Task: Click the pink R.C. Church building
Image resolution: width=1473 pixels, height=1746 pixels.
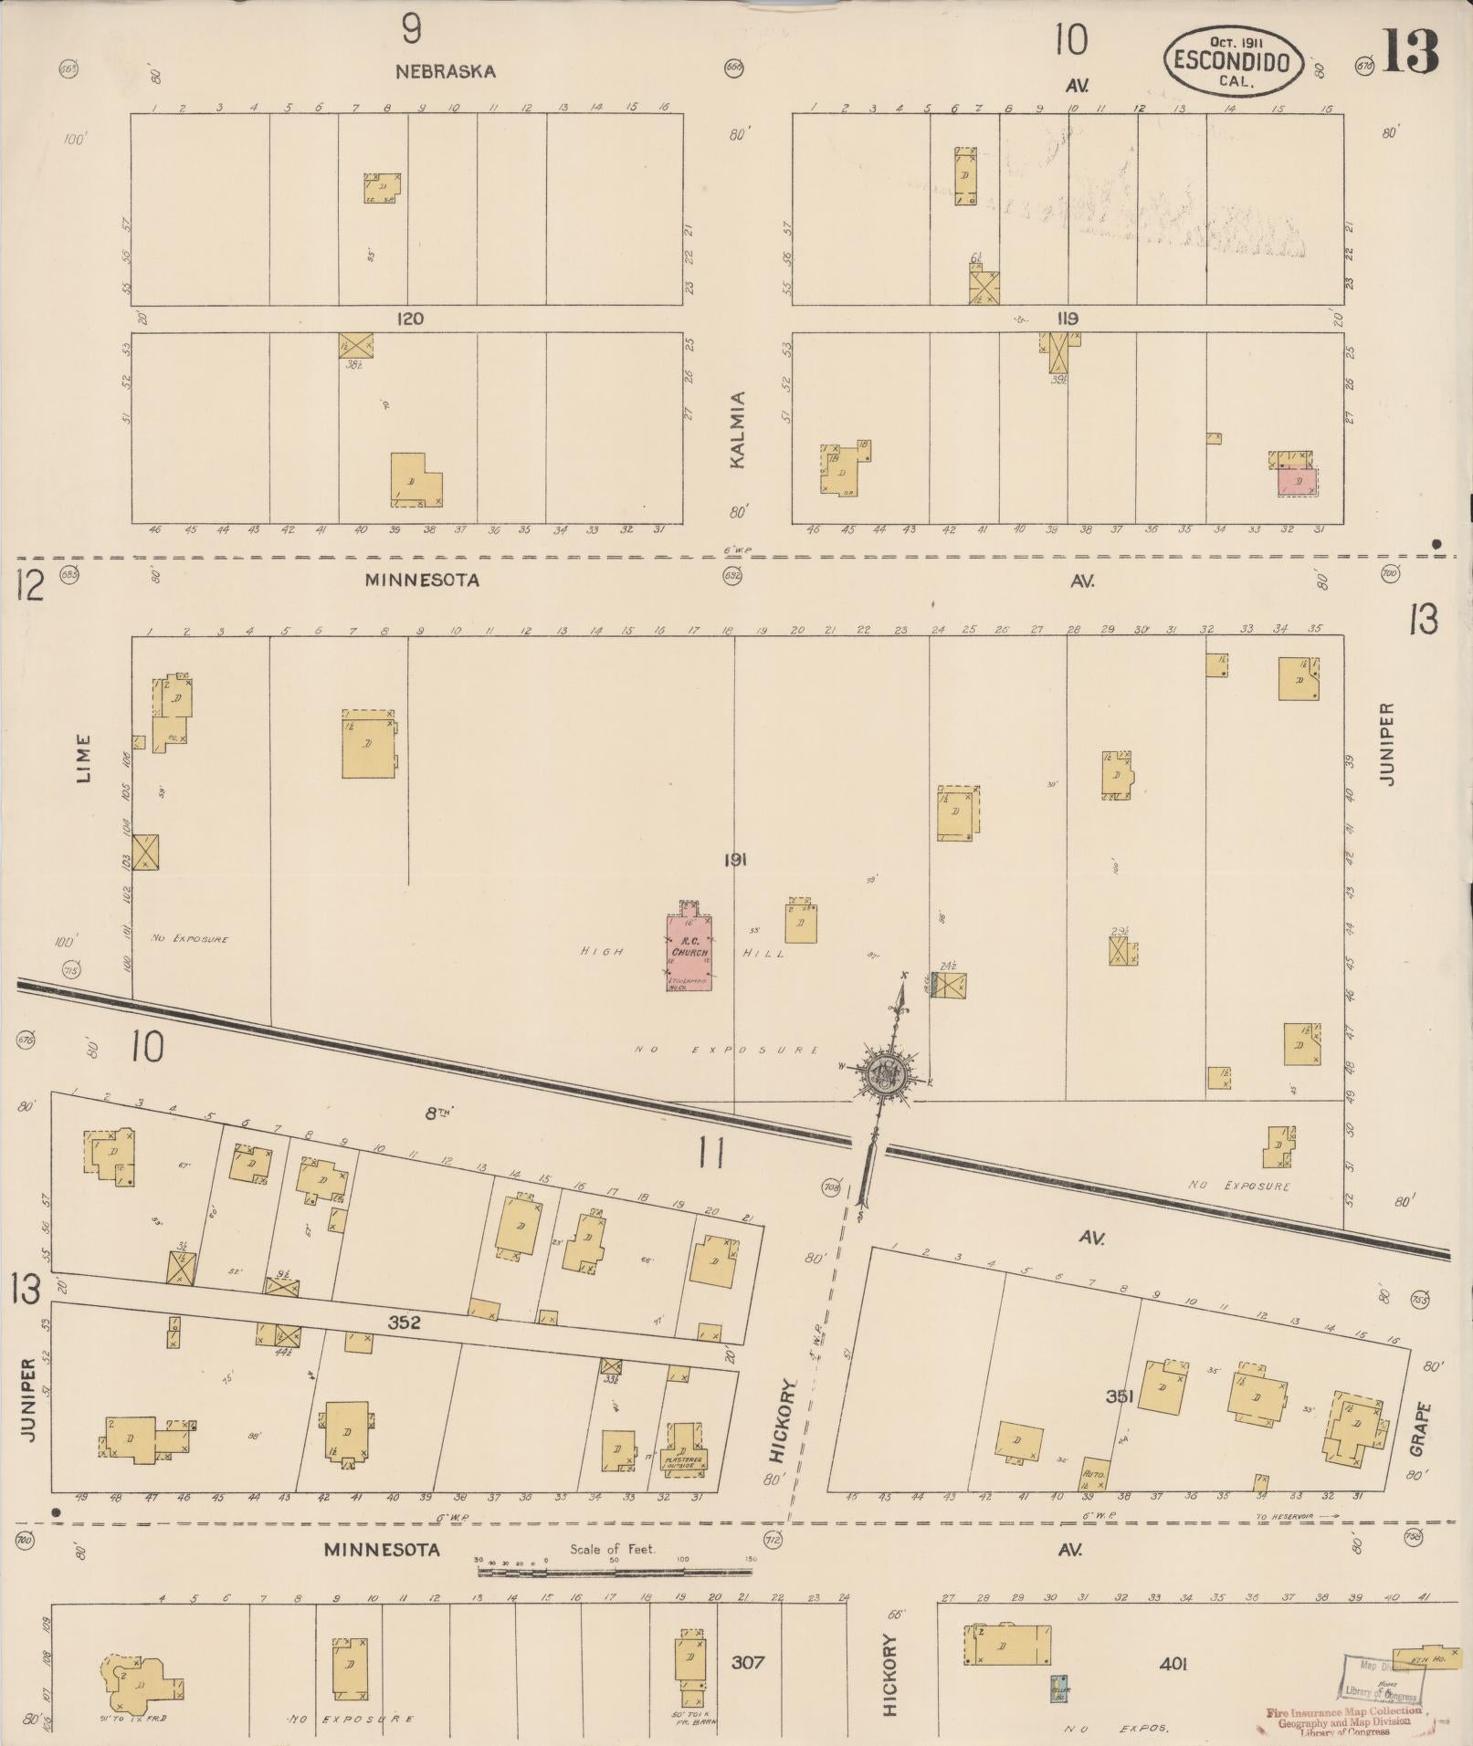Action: coord(689,952)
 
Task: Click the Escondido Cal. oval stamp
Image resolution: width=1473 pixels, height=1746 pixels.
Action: coord(1232,58)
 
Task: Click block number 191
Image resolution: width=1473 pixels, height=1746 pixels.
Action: coord(735,859)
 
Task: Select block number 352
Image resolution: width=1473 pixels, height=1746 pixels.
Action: coord(404,1321)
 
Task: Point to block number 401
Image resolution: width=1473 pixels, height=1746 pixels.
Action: coord(1173,1663)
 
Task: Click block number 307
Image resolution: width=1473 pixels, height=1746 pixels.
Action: coord(746,1662)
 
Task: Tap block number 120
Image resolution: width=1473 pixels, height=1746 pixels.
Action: coord(411,319)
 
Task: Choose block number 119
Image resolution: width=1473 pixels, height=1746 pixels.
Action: coord(1067,319)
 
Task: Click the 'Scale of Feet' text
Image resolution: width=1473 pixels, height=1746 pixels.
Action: coord(613,1549)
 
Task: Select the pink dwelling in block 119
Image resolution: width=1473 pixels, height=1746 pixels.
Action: coord(1297,480)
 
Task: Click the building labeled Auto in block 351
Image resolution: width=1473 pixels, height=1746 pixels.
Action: coord(1094,1474)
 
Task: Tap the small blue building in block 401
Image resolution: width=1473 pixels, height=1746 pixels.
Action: coord(1059,1687)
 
